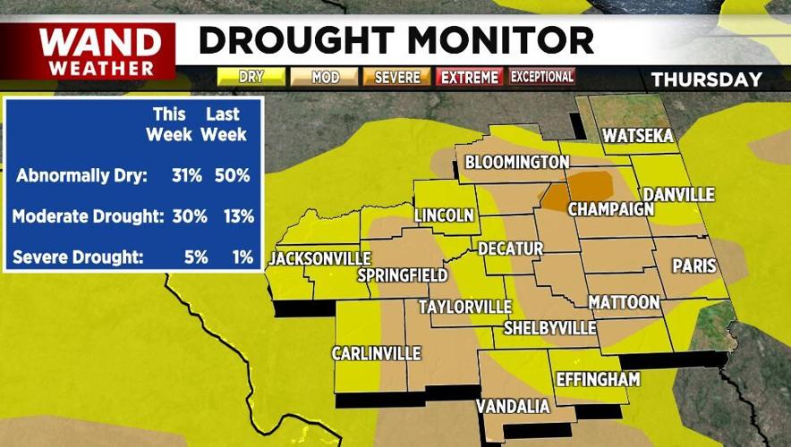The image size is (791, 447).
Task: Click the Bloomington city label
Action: (517, 162)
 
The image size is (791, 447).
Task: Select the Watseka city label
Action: (637, 136)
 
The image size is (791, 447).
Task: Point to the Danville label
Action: (679, 194)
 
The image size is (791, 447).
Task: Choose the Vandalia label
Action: (513, 407)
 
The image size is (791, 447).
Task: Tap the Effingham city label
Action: (598, 379)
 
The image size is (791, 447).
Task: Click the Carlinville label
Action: (376, 354)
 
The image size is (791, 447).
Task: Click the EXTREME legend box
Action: (469, 78)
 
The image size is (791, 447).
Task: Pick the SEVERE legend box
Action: (397, 78)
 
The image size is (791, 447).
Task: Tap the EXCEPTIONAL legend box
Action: (542, 78)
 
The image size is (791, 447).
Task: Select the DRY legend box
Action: (251, 78)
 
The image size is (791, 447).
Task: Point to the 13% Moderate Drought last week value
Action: (234, 216)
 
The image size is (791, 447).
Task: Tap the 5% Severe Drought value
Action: (195, 257)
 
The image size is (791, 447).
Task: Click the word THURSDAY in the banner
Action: (706, 80)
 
